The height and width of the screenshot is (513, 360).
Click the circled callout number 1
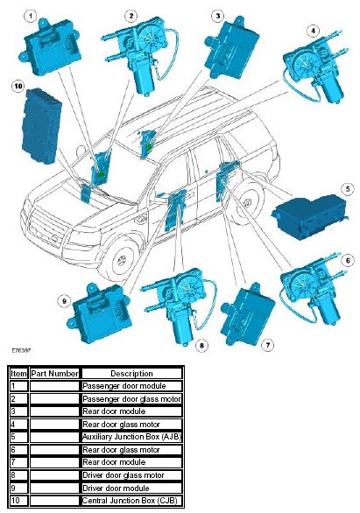(x=31, y=16)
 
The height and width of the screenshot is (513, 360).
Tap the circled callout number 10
(x=18, y=86)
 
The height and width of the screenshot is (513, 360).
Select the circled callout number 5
(x=348, y=189)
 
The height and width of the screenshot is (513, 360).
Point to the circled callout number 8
(x=201, y=345)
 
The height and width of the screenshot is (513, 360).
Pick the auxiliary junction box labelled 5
(x=309, y=216)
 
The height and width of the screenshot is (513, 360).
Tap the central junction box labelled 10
(x=41, y=126)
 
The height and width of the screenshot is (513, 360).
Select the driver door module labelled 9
(x=99, y=313)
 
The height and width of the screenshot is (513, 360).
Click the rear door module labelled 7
(x=247, y=315)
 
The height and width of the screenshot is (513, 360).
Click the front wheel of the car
(x=122, y=260)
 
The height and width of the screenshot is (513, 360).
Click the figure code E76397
(x=21, y=350)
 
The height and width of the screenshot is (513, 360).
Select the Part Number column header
(x=54, y=374)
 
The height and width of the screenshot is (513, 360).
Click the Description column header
(x=131, y=374)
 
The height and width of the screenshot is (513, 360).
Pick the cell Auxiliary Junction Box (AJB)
(x=131, y=437)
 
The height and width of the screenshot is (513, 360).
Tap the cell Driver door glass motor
(x=123, y=475)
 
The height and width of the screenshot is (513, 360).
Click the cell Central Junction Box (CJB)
(x=130, y=501)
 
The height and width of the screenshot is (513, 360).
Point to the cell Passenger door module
(x=124, y=386)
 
